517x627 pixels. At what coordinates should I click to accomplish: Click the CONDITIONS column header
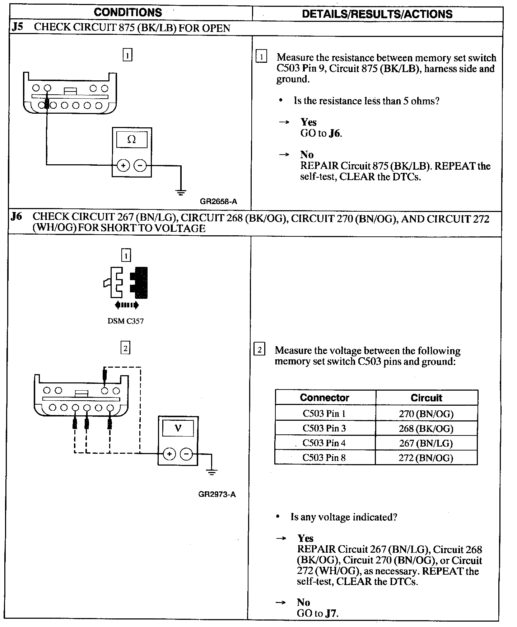[128, 13]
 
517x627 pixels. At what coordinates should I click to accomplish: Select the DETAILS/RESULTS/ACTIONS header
[377, 14]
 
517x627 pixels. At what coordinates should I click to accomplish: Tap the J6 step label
[17, 216]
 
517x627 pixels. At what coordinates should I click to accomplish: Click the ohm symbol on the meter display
[131, 140]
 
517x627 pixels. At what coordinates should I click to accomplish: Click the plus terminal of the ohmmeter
[123, 165]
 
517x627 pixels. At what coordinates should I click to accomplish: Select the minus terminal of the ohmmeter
[140, 165]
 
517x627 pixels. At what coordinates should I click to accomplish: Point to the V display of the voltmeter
[178, 428]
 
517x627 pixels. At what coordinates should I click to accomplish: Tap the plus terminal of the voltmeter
[169, 454]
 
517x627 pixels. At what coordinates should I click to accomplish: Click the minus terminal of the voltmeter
[186, 454]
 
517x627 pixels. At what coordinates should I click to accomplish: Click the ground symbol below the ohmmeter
[181, 192]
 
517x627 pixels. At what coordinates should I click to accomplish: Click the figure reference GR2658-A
[218, 202]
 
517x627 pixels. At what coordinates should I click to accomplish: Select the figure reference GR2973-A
[217, 494]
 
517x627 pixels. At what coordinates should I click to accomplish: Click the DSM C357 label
[126, 321]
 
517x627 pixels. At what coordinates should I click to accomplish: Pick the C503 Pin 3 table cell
[324, 428]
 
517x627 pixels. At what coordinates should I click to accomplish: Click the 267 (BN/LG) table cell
[426, 443]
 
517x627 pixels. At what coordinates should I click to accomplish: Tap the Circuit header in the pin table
[426, 398]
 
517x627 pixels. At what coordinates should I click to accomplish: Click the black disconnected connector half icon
[140, 283]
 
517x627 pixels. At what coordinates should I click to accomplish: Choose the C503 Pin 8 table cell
[324, 458]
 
